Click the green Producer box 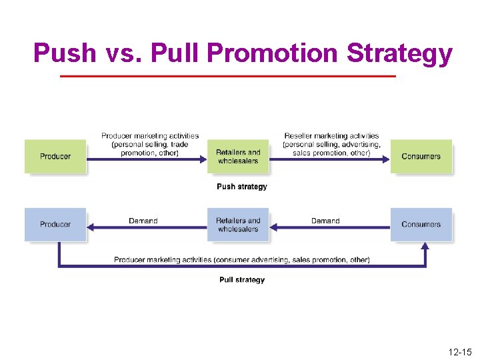click(55, 156)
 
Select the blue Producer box click(55, 224)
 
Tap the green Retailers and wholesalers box click(238, 156)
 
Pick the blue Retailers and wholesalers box click(238, 225)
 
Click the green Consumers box click(421, 156)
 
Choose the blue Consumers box click(421, 224)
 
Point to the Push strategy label click(241, 187)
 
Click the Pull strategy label click(241, 280)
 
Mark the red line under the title click(228, 77)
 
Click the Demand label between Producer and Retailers click(143, 221)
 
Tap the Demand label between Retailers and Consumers click(325, 221)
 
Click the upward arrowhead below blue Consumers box click(425, 247)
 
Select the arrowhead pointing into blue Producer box click(92, 228)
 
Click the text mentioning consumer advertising click(241, 259)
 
